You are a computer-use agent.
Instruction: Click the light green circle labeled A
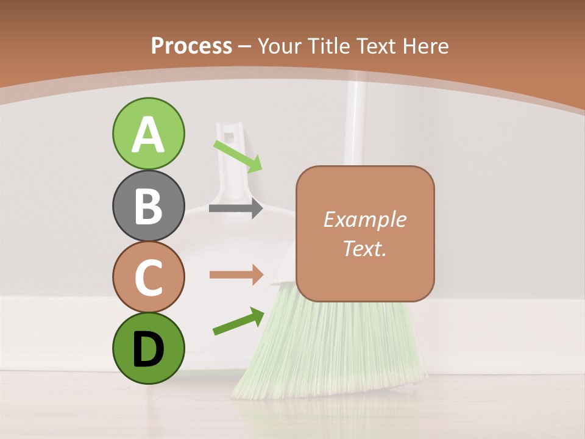tap(148, 134)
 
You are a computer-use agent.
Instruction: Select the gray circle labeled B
tap(148, 206)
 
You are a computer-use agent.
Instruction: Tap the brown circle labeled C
tap(148, 277)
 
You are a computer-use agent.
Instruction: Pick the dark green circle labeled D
tap(148, 348)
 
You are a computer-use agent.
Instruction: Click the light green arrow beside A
tap(238, 155)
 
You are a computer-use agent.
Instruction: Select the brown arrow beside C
tap(236, 275)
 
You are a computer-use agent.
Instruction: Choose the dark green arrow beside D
tap(238, 321)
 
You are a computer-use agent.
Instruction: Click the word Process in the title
tap(191, 46)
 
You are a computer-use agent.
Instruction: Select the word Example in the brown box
tap(364, 220)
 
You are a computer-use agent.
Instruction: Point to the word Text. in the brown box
tap(364, 248)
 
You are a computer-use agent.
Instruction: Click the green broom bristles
tap(329, 354)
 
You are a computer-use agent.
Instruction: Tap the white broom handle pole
tap(354, 122)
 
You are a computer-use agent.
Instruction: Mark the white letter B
tap(148, 206)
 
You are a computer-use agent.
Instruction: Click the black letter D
tap(148, 348)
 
